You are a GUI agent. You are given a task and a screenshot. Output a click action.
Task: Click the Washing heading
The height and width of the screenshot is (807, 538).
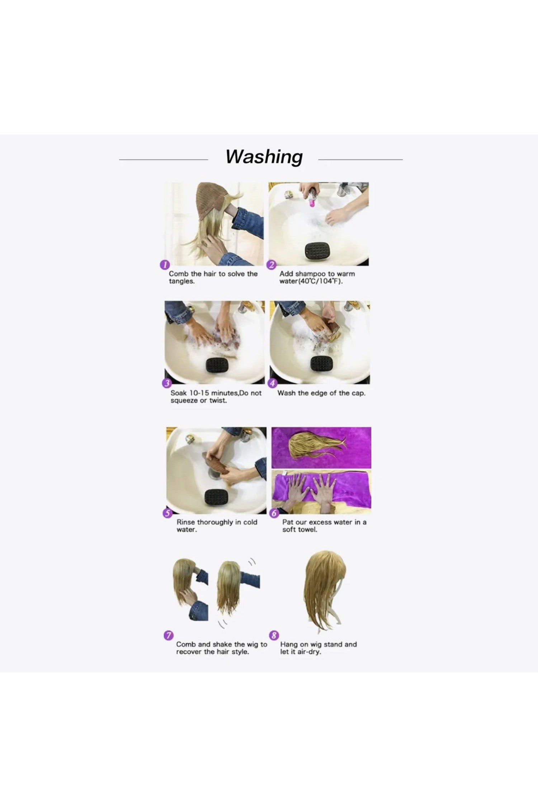click(x=264, y=157)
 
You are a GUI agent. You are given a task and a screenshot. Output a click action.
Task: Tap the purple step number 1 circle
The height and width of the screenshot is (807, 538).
click(x=165, y=265)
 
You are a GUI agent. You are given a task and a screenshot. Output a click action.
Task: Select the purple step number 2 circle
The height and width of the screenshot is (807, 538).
click(x=271, y=265)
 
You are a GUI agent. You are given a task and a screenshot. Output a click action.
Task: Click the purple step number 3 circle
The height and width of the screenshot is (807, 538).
click(x=167, y=383)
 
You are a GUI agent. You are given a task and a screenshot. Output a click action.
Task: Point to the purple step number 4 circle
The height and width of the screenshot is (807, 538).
click(x=273, y=383)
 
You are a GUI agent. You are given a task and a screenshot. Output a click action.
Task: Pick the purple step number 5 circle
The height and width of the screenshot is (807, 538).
click(x=167, y=513)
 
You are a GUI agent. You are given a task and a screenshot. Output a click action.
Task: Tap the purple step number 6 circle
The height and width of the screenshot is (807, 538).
click(x=274, y=513)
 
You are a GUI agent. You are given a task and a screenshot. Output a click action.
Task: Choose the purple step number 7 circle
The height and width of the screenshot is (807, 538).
click(x=168, y=635)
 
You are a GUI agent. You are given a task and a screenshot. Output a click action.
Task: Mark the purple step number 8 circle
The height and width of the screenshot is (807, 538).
click(x=274, y=635)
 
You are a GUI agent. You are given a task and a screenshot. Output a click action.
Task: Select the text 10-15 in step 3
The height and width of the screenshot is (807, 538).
click(x=199, y=393)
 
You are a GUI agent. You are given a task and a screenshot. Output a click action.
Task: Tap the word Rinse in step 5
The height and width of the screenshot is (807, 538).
click(x=186, y=522)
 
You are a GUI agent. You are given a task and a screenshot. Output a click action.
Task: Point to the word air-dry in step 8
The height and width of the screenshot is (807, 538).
click(x=308, y=652)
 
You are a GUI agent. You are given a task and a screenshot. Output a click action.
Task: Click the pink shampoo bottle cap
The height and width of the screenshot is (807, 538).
click(x=311, y=203)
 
